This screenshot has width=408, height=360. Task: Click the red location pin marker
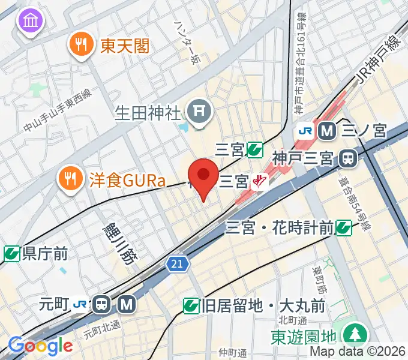[x=203, y=175]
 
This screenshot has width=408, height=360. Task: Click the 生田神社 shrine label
[x=148, y=112]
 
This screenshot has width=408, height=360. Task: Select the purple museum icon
[x=29, y=22]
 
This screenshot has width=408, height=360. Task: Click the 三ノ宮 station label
[x=364, y=130]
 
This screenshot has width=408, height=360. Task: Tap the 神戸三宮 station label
[x=302, y=159]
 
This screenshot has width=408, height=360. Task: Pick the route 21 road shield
[x=179, y=263]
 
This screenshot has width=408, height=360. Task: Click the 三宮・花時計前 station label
[x=280, y=227]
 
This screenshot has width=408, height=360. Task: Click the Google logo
[x=40, y=346]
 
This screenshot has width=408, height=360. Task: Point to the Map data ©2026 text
[x=358, y=352]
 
